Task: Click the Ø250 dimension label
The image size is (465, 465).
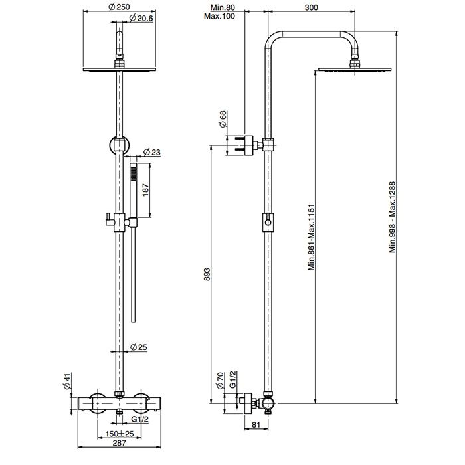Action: [x=120, y=7]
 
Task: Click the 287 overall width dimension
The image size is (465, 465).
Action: [x=120, y=448]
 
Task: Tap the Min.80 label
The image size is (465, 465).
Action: [x=217, y=7]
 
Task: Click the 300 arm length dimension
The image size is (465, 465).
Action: [x=310, y=7]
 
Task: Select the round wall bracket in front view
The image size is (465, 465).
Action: [x=120, y=143]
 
